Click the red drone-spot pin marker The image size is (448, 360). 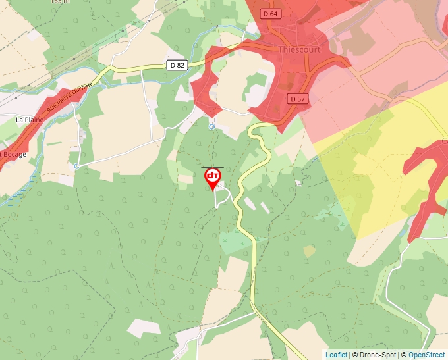coord(212,178)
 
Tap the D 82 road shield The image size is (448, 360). coord(177,64)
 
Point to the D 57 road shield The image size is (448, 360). coord(298,98)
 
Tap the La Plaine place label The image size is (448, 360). coord(28,120)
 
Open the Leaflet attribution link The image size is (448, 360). coord(336,355)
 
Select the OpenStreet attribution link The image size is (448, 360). coord(426,355)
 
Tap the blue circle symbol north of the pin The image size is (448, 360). coord(211,126)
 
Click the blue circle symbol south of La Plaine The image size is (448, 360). coord(76,166)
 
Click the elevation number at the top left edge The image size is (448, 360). coord(59,2)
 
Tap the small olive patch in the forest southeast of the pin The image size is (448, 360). coord(309,251)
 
